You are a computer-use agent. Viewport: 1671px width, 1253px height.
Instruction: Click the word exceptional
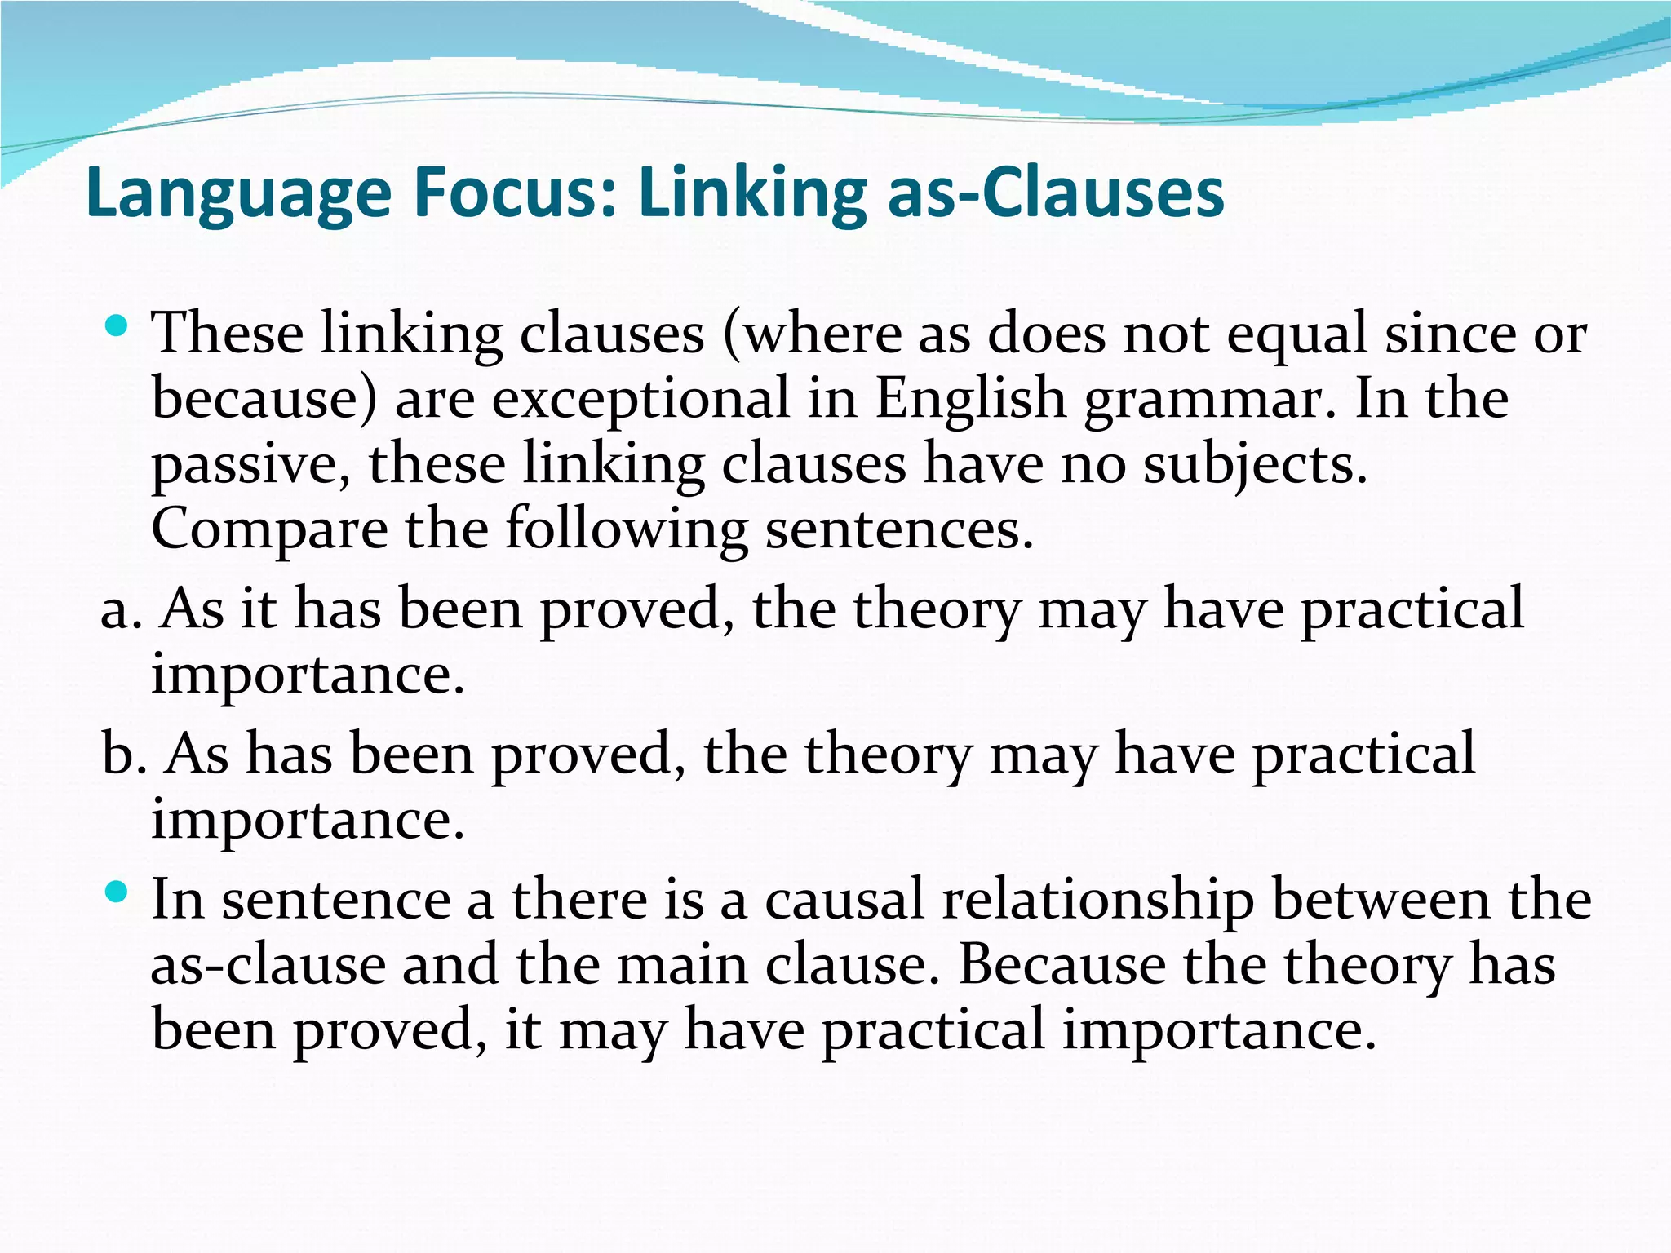click(x=640, y=399)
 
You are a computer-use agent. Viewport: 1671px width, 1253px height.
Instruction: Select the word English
click(x=970, y=399)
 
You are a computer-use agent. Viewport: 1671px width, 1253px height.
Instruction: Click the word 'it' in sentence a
click(x=259, y=609)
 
